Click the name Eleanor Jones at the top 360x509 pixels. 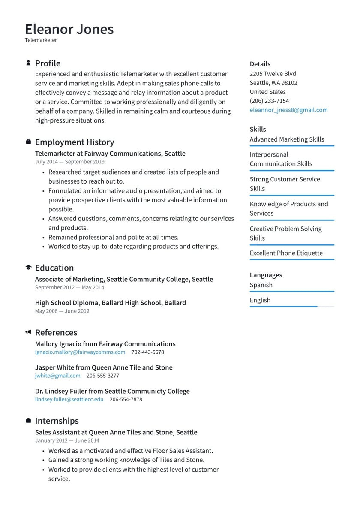pos(69,29)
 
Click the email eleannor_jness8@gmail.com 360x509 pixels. pos(288,110)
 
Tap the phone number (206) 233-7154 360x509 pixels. pos(269,101)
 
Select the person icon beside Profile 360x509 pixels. pos(28,63)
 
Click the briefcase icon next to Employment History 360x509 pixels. pos(28,142)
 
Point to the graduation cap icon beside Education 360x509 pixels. pos(28,268)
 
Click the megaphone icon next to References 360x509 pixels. pos(28,332)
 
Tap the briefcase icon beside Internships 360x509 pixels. pos(28,421)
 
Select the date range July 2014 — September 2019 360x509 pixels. pos(69,162)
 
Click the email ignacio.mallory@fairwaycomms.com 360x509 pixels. pos(80,352)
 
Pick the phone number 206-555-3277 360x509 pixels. pos(103,376)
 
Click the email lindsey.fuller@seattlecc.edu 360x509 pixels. pos(69,399)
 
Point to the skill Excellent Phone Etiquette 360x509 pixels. pos(286,253)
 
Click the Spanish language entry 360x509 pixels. pos(261,285)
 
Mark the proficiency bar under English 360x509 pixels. pos(291,307)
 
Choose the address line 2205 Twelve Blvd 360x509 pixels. pos(273,74)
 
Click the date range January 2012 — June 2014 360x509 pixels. pos(67,440)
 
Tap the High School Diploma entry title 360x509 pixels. pos(110,303)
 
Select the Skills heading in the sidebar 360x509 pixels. pos(258,129)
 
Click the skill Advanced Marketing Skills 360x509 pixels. pos(287,139)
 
